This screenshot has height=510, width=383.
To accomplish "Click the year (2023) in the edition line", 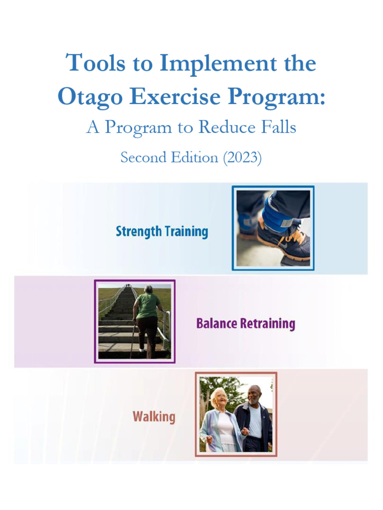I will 242,157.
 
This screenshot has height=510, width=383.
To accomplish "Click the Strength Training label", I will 162,232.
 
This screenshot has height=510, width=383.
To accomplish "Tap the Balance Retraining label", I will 245,324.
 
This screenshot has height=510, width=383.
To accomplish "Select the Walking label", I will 154,416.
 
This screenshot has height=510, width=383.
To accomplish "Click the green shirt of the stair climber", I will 148,305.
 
